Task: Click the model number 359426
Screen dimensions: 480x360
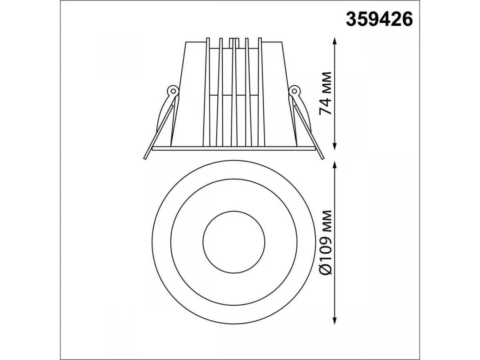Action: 379,19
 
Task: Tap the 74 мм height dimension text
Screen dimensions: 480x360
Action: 326,93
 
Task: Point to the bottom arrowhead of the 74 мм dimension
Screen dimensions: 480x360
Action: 334,145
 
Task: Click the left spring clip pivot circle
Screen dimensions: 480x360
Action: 173,90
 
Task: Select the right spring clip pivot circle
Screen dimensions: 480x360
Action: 294,90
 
